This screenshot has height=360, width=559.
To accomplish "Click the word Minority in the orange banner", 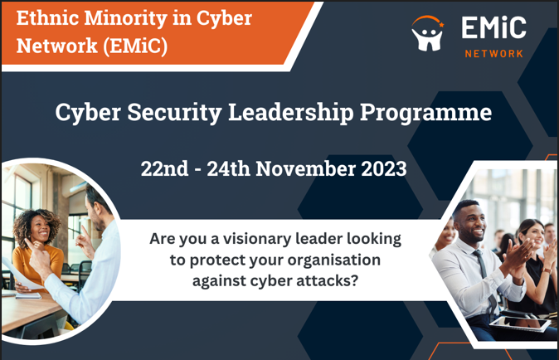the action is coord(125,18).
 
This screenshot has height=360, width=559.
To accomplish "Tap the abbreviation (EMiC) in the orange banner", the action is coord(135,46).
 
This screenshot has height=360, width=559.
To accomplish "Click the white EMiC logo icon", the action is coord(427,33).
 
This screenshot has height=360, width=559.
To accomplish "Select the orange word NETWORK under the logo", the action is coord(493,54).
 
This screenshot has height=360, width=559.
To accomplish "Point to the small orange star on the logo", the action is coord(441,25).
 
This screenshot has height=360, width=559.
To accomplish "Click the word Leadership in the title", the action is coord(290,113).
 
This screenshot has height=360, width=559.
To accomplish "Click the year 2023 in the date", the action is coord(384,168).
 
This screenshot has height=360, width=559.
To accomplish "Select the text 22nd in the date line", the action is coord(164,168).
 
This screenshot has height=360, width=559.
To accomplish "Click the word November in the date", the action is coord(306,168).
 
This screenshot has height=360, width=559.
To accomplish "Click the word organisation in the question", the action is coord(333,260).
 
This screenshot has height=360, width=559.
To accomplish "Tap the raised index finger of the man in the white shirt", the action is coord(84,231).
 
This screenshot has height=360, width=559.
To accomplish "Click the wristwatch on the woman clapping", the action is coord(547,270).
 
